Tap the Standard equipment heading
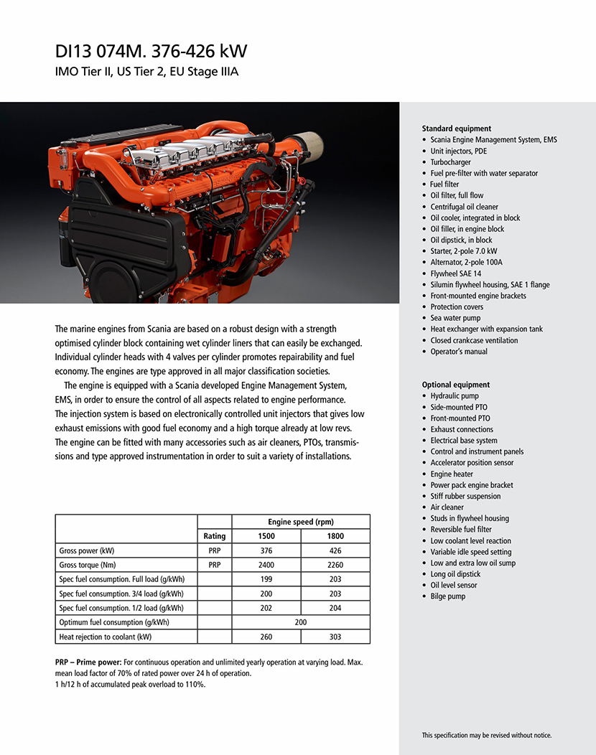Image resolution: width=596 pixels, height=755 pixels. coord(456,128)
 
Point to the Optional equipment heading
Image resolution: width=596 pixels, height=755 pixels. coord(455,385)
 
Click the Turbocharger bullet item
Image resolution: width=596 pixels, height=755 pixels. coord(450,162)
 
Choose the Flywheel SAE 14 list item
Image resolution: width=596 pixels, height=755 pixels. coord(455,273)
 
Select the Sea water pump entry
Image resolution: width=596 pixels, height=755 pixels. coord(455,318)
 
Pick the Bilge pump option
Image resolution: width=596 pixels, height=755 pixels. coord(447,596)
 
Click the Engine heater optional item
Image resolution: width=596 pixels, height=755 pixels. coord(452,474)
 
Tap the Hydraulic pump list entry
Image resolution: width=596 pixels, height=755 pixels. coord(454,395)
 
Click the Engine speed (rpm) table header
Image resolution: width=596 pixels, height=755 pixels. coord(301,522)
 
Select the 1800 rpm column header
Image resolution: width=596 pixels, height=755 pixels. coord(335,536)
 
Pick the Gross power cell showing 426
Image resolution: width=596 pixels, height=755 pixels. coord(335,550)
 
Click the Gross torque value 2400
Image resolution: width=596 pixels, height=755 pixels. coord(266,565)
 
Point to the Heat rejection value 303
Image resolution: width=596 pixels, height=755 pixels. coord(335,637)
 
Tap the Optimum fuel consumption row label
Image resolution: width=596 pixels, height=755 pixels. coord(113,622)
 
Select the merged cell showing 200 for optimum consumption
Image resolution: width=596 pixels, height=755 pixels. coord(301,622)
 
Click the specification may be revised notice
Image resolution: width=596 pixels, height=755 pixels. coord(486,735)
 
